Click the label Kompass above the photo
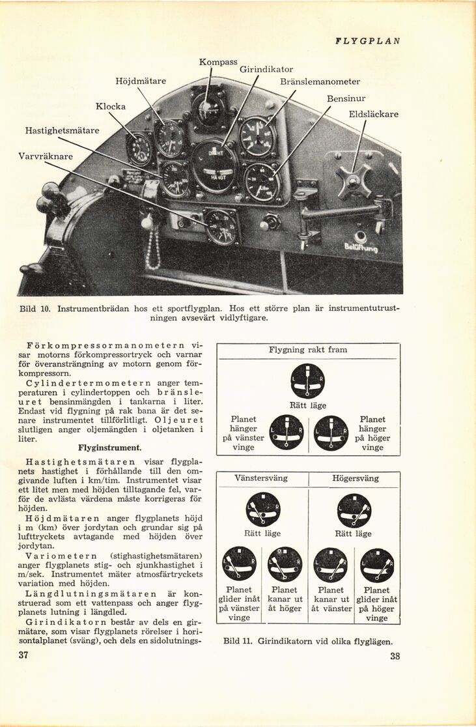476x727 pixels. [x=218, y=62]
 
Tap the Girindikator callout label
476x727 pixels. [x=266, y=69]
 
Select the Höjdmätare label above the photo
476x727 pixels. [x=141, y=81]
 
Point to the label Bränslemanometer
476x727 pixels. [x=320, y=82]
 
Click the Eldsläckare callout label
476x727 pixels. [x=374, y=114]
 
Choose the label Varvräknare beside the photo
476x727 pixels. [x=46, y=157]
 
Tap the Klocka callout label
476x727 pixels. [x=111, y=106]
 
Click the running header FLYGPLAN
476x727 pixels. [x=367, y=40]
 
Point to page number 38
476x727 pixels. [x=395, y=657]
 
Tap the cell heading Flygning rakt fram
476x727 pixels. [x=308, y=350]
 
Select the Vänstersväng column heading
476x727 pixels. [x=260, y=478]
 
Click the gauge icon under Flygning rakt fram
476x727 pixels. [x=307, y=380]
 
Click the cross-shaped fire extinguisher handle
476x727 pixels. [x=354, y=182]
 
